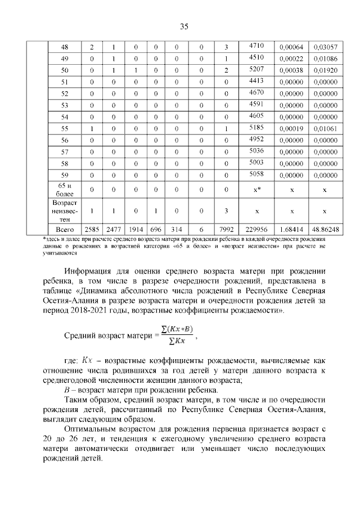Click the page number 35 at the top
click(183, 26)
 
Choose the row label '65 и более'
click(64, 190)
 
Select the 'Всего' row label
click(64, 230)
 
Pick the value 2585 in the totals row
click(91, 230)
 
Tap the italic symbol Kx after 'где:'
click(88, 360)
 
